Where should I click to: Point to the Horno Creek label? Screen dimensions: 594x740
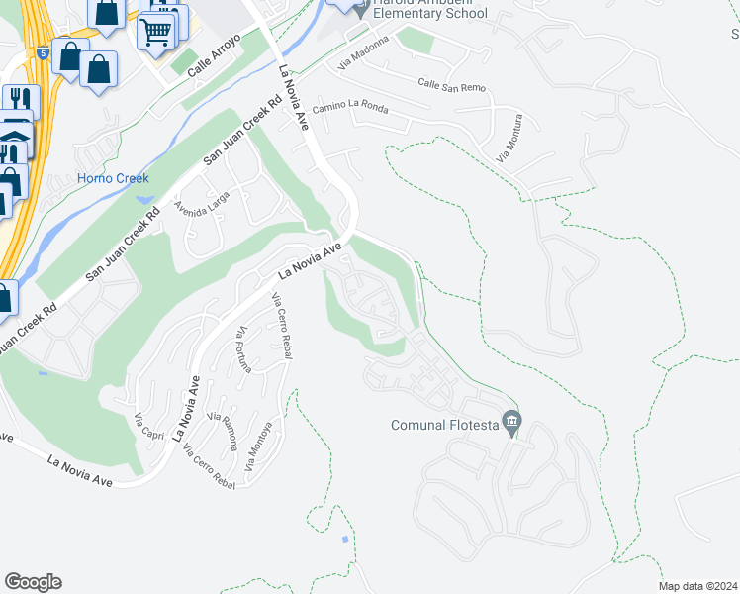click(113, 179)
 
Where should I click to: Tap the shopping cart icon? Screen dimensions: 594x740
click(155, 31)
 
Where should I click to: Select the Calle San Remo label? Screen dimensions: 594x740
click(451, 86)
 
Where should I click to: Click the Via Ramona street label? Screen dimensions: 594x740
click(223, 430)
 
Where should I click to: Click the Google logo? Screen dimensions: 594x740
click(33, 582)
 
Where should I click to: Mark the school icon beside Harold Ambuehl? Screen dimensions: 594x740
click(362, 7)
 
